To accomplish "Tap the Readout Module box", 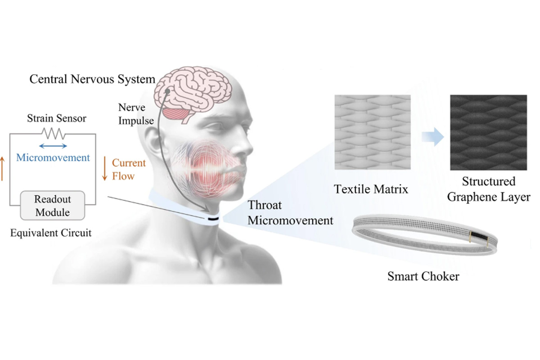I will (x=53, y=205).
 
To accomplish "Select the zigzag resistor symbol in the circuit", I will (x=54, y=133).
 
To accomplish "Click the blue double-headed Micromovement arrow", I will (x=53, y=146).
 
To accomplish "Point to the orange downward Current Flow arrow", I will (x=105, y=168).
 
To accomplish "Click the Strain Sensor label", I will (x=57, y=119).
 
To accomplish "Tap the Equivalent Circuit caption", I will (x=51, y=233).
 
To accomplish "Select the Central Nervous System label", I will (x=92, y=79).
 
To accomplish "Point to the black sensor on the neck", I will (x=213, y=219).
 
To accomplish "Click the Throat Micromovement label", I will (x=290, y=213).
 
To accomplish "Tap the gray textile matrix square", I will (x=372, y=132).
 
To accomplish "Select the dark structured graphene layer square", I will (x=488, y=132).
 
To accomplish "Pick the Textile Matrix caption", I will (x=371, y=189).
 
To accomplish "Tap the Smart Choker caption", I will (x=423, y=276).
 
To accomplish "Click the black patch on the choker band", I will (x=481, y=237).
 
